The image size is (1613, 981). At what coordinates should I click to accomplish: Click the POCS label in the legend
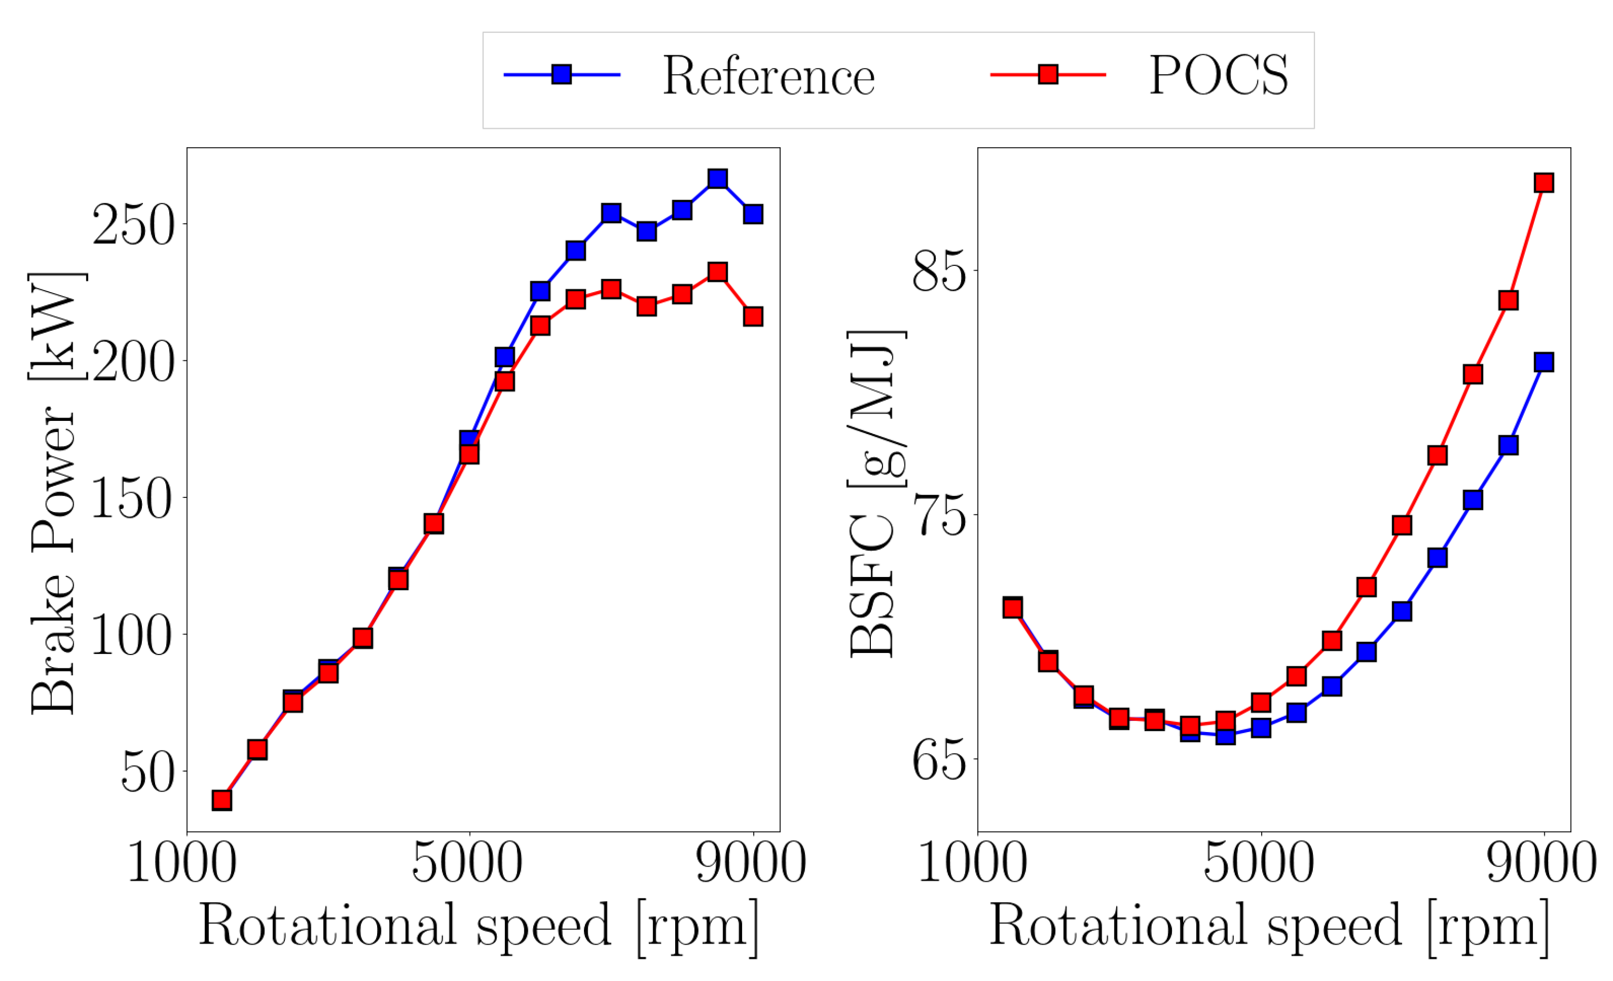point(1218,76)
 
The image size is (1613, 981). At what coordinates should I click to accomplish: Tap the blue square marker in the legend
point(562,74)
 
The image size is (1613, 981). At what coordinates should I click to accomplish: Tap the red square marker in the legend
point(1048,74)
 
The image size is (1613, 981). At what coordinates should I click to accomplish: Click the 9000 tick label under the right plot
point(1542,863)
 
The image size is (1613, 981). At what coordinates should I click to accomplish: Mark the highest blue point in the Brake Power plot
point(717,179)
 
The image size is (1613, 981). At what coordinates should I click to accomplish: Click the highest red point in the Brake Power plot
point(717,272)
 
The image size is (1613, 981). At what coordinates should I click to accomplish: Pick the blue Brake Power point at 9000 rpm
point(753,214)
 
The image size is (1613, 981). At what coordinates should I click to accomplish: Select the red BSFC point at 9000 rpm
point(1543,182)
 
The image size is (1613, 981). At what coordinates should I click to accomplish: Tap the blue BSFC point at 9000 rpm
point(1543,362)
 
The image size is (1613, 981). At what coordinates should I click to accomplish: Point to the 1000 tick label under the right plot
point(973,863)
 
